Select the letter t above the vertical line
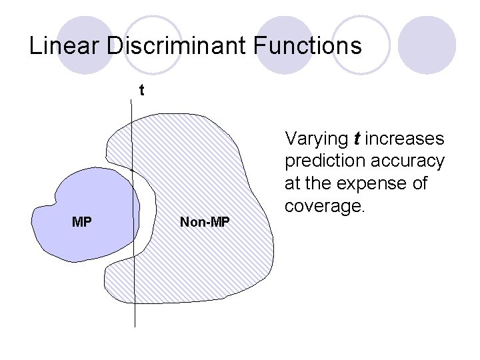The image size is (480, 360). click(141, 90)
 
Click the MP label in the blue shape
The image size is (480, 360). click(81, 222)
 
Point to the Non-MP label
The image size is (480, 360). click(205, 222)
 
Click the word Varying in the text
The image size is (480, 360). click(317, 139)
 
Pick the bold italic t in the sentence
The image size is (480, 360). click(357, 139)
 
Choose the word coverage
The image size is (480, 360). click(325, 205)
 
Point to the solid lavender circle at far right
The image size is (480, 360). click(430, 43)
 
